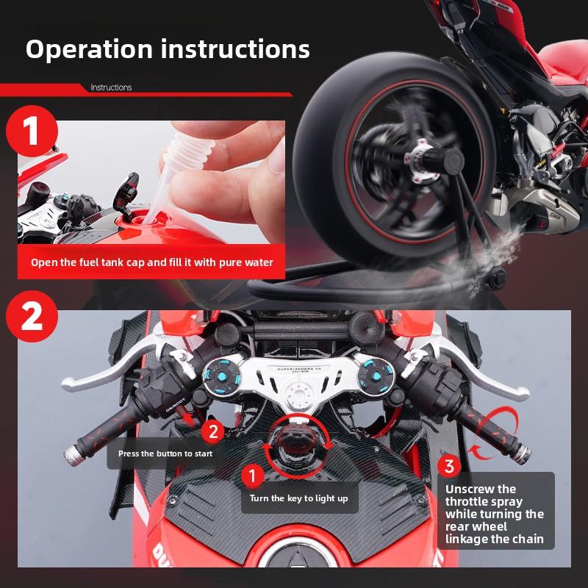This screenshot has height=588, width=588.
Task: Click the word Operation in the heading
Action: click(88, 49)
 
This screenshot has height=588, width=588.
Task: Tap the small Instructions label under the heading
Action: click(111, 87)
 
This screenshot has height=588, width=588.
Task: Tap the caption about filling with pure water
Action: click(151, 262)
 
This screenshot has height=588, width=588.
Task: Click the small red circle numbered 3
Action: click(450, 466)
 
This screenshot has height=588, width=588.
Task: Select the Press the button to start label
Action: click(165, 453)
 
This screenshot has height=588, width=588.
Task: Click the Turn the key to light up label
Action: click(298, 498)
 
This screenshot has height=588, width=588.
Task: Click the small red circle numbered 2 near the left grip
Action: click(212, 431)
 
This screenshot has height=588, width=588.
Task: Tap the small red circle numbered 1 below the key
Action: click(252, 476)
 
